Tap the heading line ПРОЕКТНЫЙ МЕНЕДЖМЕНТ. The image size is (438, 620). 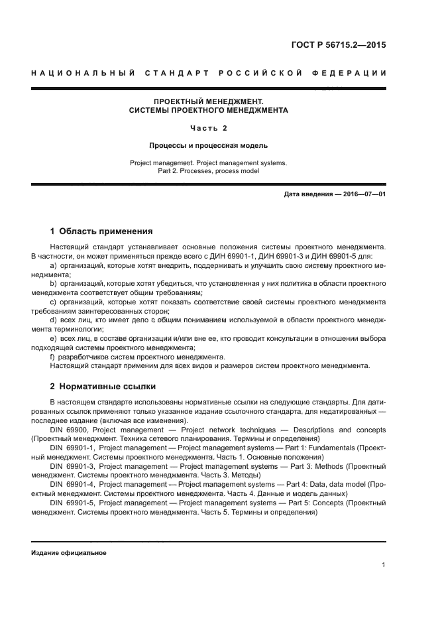208,101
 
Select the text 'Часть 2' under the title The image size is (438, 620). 208,128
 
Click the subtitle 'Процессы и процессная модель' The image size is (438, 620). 208,145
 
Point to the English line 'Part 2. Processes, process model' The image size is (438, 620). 208,170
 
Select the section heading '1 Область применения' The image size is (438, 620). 101,231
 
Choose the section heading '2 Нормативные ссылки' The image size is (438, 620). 103,386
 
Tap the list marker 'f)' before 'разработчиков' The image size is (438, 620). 53,356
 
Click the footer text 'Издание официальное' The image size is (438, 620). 69,552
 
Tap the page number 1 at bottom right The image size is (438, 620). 384,565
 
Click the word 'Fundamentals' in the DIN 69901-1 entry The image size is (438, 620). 341,448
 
